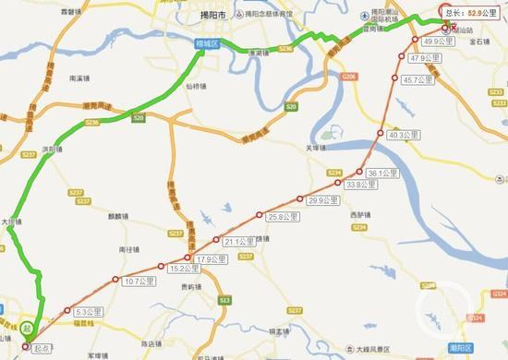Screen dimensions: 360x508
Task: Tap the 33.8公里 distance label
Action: (361, 185)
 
